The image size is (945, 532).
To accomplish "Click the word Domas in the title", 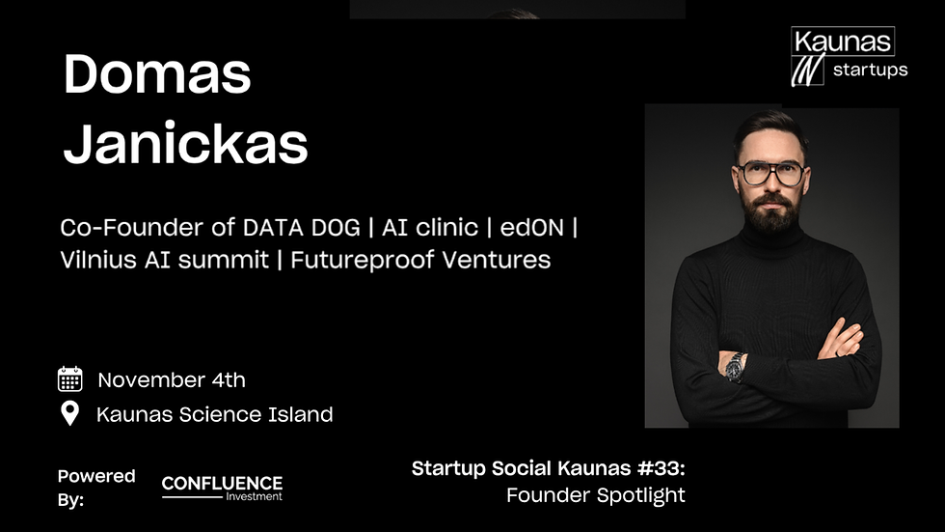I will click(157, 75).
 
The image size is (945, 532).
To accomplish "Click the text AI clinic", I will click(430, 228).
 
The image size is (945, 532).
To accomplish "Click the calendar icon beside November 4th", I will click(69, 378).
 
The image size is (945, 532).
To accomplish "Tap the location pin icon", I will click(69, 414).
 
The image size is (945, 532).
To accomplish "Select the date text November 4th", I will click(172, 379).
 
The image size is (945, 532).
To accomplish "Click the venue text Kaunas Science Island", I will click(214, 415).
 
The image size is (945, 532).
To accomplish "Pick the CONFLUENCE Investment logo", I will click(222, 488).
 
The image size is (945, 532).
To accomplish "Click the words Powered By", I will click(95, 488).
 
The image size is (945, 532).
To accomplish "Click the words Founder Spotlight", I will click(595, 495).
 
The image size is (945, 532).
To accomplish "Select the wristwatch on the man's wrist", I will click(736, 366).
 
